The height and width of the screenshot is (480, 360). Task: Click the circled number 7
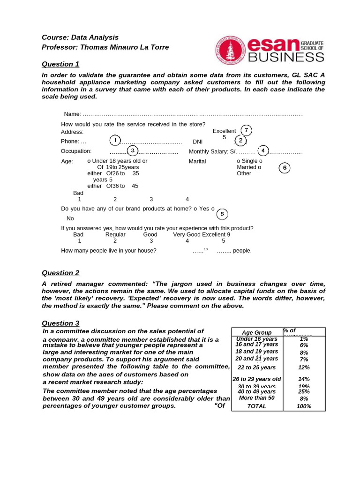(x=246, y=130)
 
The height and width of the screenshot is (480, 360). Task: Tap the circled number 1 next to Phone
(x=114, y=140)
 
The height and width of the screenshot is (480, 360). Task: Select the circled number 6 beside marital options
(x=285, y=168)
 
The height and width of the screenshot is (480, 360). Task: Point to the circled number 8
(x=223, y=214)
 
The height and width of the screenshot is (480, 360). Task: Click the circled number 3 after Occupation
(x=133, y=150)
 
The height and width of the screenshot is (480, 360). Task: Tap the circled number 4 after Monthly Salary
(x=263, y=150)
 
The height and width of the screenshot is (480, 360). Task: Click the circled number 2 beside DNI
(x=240, y=140)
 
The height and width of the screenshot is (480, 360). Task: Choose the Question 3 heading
(x=60, y=323)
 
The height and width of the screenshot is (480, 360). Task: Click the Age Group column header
(x=257, y=332)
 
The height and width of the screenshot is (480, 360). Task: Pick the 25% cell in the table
(x=304, y=391)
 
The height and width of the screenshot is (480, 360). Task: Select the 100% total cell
(x=304, y=406)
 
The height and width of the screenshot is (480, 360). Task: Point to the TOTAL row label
(x=257, y=406)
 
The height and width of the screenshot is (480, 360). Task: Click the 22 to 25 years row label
(x=257, y=367)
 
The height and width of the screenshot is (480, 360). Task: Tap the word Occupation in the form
(x=76, y=151)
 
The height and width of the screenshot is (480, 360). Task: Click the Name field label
(x=72, y=114)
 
